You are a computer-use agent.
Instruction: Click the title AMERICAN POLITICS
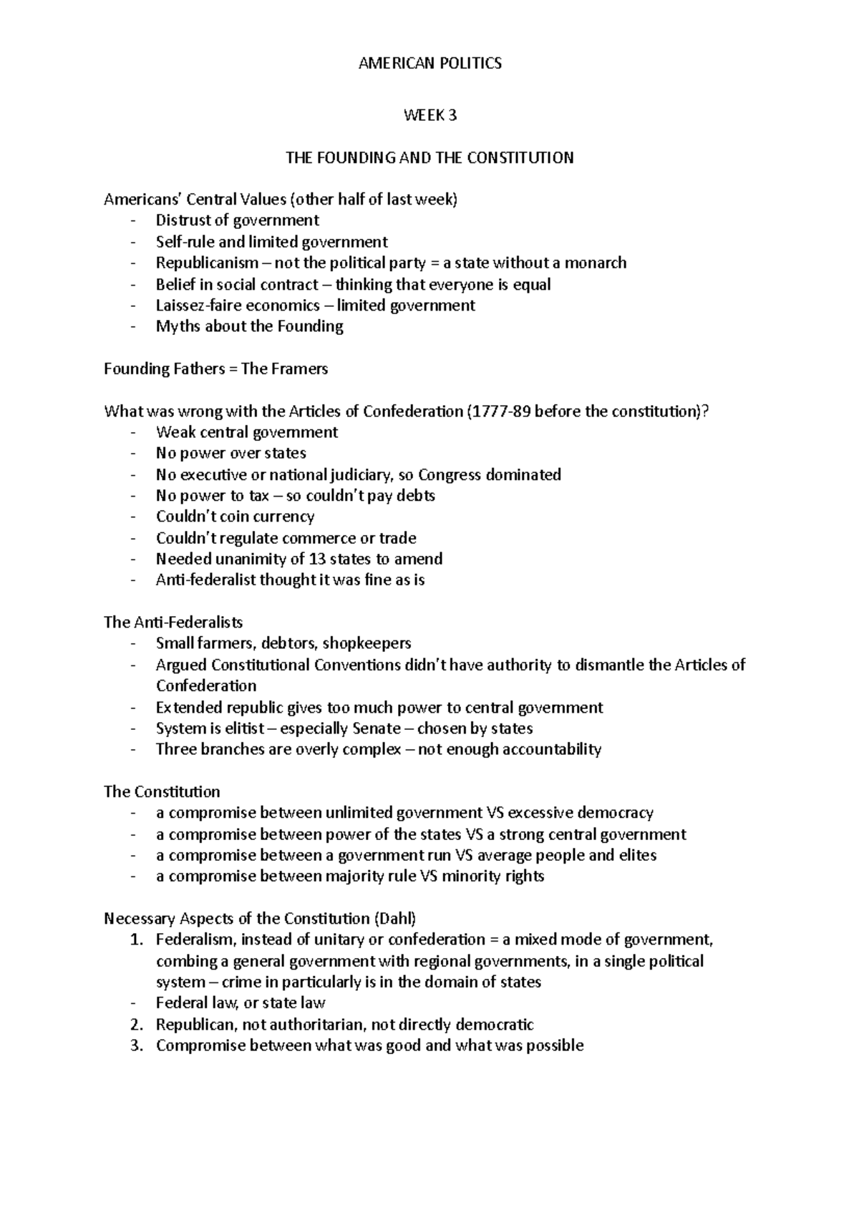coord(429,64)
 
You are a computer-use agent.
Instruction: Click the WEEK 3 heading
coord(429,115)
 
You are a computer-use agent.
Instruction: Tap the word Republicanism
coord(207,263)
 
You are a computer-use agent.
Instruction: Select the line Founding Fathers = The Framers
coord(215,369)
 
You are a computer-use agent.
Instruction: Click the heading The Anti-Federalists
coord(173,622)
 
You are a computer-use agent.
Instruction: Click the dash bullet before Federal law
coord(133,1003)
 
